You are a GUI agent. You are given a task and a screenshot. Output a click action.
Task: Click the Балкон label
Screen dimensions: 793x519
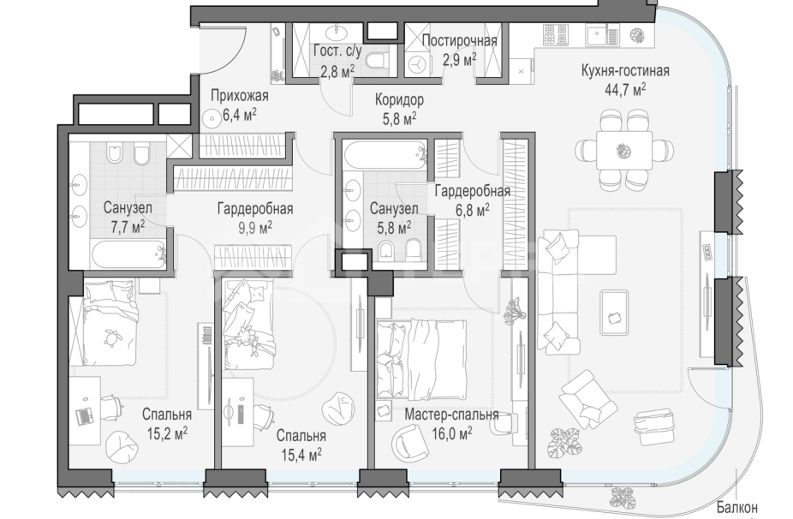coord(736,507)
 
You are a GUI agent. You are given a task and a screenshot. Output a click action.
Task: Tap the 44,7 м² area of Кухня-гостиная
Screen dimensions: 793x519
coord(625,90)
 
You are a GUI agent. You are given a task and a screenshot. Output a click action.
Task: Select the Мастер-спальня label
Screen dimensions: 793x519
coord(451,415)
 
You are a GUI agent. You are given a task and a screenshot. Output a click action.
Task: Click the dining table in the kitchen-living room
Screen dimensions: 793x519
coord(624,150)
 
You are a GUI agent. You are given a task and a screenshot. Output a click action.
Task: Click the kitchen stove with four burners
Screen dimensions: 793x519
coord(555,35)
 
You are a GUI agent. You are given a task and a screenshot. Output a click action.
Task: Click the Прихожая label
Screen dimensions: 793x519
coord(240,96)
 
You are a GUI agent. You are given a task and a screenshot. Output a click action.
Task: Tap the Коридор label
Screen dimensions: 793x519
coord(400,99)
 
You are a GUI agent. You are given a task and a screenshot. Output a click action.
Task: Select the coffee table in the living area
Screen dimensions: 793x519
coord(614,312)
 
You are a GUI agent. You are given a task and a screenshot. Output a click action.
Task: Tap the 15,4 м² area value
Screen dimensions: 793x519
coord(301,455)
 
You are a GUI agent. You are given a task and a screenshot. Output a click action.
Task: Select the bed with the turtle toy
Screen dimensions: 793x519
coord(110,323)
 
